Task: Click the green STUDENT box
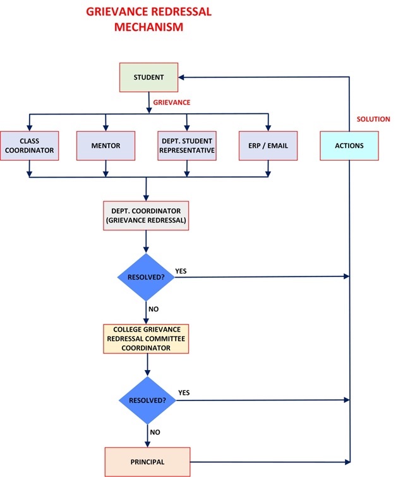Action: click(x=148, y=78)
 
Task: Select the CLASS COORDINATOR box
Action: click(x=30, y=146)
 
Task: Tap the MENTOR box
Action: click(x=106, y=146)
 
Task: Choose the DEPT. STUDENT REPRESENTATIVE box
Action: click(x=187, y=146)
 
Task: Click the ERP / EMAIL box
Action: click(x=268, y=146)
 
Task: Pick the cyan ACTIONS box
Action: click(x=349, y=146)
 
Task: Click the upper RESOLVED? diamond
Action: click(x=147, y=277)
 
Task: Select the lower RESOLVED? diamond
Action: click(x=147, y=401)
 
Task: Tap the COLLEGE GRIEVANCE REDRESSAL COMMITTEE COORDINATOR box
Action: click(x=147, y=338)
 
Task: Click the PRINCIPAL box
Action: click(x=147, y=462)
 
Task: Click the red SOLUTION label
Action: click(x=373, y=119)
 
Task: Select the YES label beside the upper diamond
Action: click(x=181, y=271)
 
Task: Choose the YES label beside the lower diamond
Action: click(x=184, y=393)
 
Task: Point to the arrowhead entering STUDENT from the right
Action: click(x=181, y=78)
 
